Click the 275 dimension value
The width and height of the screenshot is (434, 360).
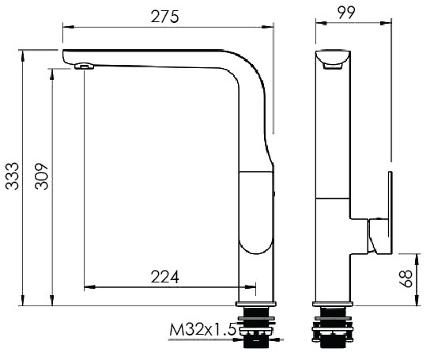164,17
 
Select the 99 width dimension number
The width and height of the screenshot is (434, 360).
346,12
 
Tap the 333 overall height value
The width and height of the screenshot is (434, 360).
13,176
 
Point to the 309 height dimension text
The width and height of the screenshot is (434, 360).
42,176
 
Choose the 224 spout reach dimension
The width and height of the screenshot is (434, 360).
165,277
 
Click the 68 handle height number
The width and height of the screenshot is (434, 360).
406,279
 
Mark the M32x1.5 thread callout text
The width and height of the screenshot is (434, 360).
203,329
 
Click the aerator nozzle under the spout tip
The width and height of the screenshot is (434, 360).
84,66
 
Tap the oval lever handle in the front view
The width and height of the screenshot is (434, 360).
256,212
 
